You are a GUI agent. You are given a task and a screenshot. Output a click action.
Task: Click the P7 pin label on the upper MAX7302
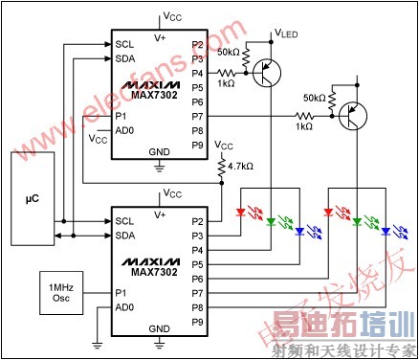pyautogui.click(x=197, y=116)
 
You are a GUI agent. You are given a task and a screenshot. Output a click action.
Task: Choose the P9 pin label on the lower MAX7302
pyautogui.click(x=197, y=321)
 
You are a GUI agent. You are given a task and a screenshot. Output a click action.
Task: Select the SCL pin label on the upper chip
pyautogui.click(x=124, y=44)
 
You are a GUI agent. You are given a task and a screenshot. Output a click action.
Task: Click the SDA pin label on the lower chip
pyautogui.click(x=124, y=236)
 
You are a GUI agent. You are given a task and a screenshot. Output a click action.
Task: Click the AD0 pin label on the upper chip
pyautogui.click(x=124, y=130)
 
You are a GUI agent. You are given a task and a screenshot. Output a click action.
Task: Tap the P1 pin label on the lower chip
pyautogui.click(x=121, y=292)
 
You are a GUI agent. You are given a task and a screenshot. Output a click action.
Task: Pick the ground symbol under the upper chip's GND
pyautogui.click(x=159, y=168)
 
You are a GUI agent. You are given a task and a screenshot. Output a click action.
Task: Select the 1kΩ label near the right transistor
pyautogui.click(x=304, y=126)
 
